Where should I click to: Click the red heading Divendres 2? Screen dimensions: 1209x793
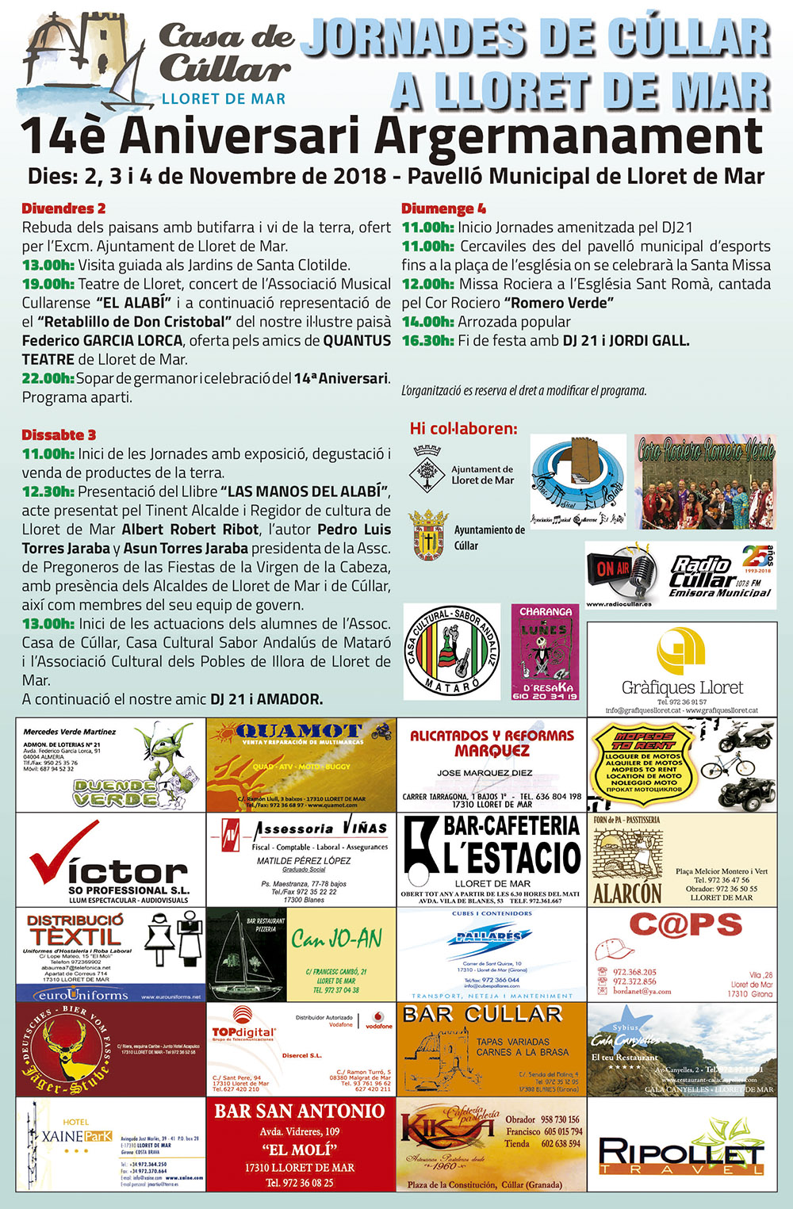63,209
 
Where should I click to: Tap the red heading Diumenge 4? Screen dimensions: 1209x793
443,209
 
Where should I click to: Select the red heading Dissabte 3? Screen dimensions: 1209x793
59,434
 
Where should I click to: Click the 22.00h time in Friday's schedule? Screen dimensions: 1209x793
48,379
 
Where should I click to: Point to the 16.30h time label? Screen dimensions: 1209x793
427,341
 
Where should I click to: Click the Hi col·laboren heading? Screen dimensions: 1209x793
463,429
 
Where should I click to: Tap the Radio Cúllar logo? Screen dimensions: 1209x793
680,575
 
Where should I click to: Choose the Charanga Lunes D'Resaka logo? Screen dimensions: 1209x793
545,652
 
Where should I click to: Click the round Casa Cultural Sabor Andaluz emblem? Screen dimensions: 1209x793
451,652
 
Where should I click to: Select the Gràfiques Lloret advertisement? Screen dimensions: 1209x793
682,668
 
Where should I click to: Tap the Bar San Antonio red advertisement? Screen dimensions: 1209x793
301,1144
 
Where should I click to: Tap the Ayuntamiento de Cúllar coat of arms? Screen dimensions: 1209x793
428,535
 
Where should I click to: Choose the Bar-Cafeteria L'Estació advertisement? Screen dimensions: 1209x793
492,859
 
